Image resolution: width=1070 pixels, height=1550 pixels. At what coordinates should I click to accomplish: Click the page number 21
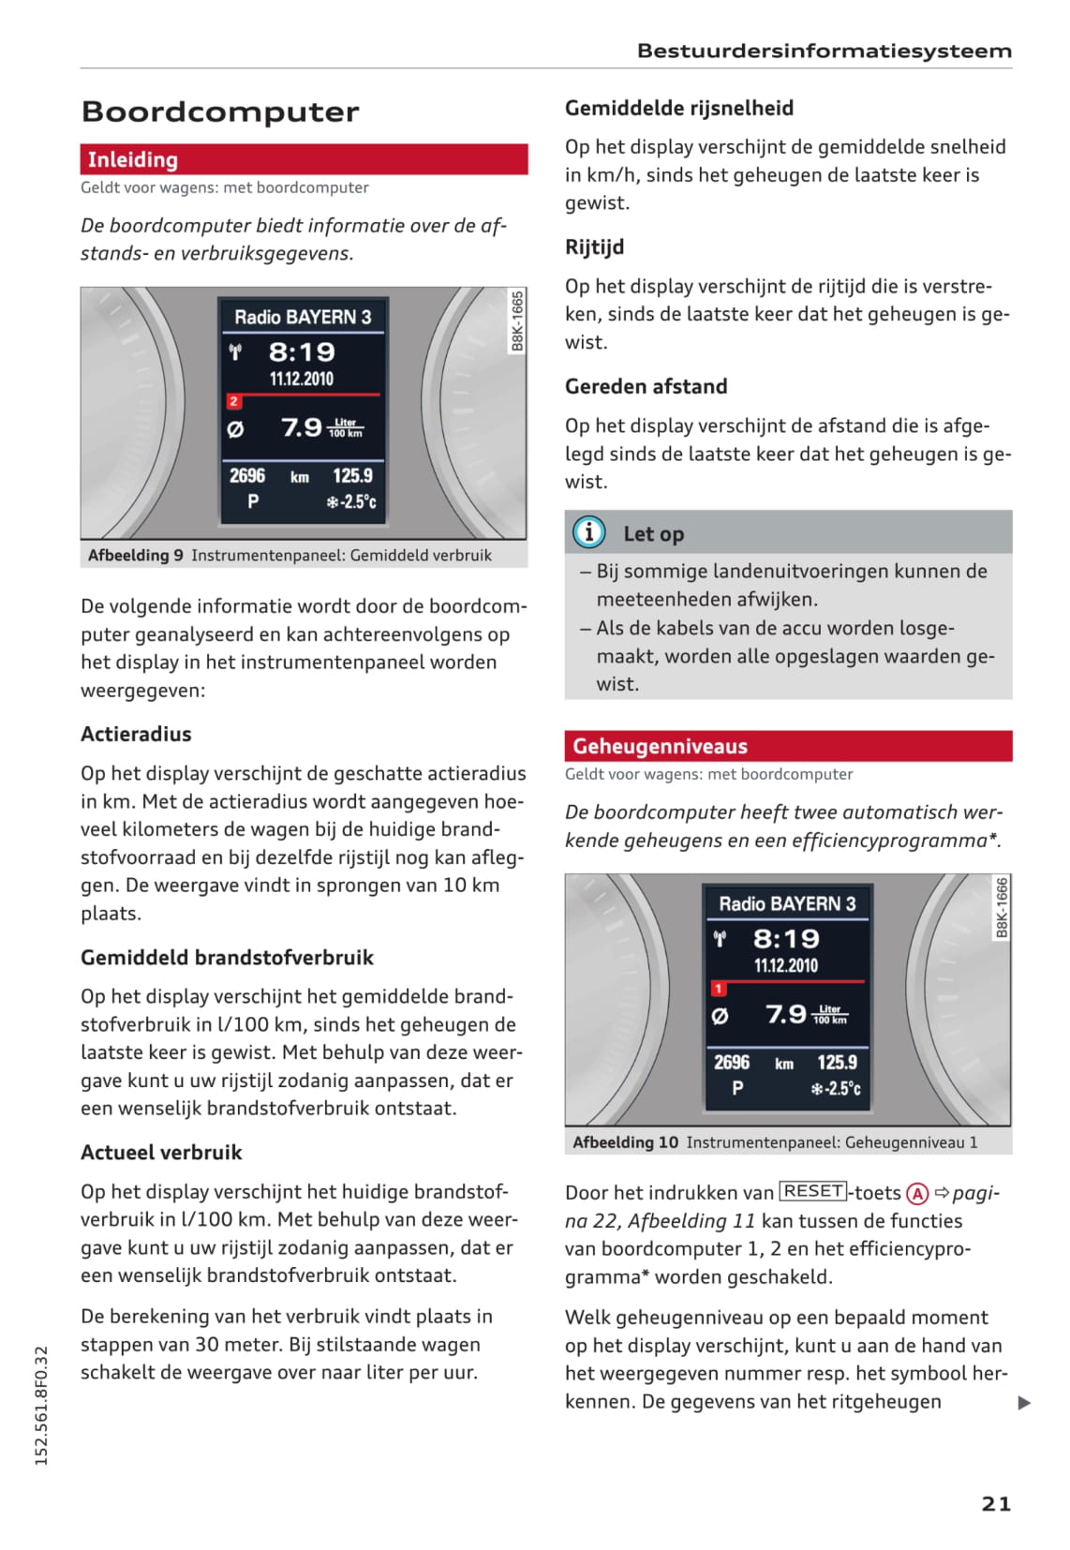tap(996, 1503)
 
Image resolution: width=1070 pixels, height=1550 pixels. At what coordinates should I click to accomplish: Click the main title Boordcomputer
tap(220, 112)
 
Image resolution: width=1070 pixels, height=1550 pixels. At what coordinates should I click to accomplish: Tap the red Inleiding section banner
tap(304, 159)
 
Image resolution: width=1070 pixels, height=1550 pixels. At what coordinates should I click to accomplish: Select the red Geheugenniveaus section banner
tap(787, 746)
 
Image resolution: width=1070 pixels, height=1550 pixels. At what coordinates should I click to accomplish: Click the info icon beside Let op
tap(588, 532)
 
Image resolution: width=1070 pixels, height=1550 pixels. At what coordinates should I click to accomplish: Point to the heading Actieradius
tap(136, 734)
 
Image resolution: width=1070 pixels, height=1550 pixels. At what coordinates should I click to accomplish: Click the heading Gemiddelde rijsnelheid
tap(678, 108)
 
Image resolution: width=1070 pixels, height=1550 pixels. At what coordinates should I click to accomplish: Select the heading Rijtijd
tap(594, 246)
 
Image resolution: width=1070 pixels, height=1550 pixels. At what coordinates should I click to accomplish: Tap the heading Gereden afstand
tap(646, 386)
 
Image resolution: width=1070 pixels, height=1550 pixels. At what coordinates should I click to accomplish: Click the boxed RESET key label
tap(812, 1191)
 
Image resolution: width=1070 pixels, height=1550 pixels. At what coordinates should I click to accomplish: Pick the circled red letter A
tap(917, 1193)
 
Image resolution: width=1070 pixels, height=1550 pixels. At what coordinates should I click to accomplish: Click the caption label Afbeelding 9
tap(136, 555)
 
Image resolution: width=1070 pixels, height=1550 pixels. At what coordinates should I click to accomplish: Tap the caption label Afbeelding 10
tap(625, 1141)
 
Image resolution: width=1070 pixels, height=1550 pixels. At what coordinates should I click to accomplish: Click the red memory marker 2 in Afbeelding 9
tap(233, 401)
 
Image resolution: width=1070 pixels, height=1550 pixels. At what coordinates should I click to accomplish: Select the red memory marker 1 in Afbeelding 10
tap(718, 988)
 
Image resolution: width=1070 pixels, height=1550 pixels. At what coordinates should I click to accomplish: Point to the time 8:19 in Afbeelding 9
tap(302, 352)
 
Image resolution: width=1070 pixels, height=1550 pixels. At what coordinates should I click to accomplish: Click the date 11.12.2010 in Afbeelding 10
tap(785, 965)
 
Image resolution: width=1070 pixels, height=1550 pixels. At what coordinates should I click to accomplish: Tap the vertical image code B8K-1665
tap(517, 320)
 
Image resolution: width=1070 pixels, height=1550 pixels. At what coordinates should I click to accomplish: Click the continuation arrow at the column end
tap(1024, 1403)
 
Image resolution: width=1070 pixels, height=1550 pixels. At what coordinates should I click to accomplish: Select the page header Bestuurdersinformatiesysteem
tap(824, 51)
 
